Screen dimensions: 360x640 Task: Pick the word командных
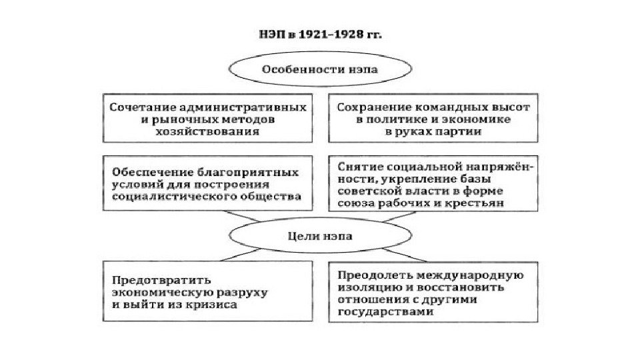442,107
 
